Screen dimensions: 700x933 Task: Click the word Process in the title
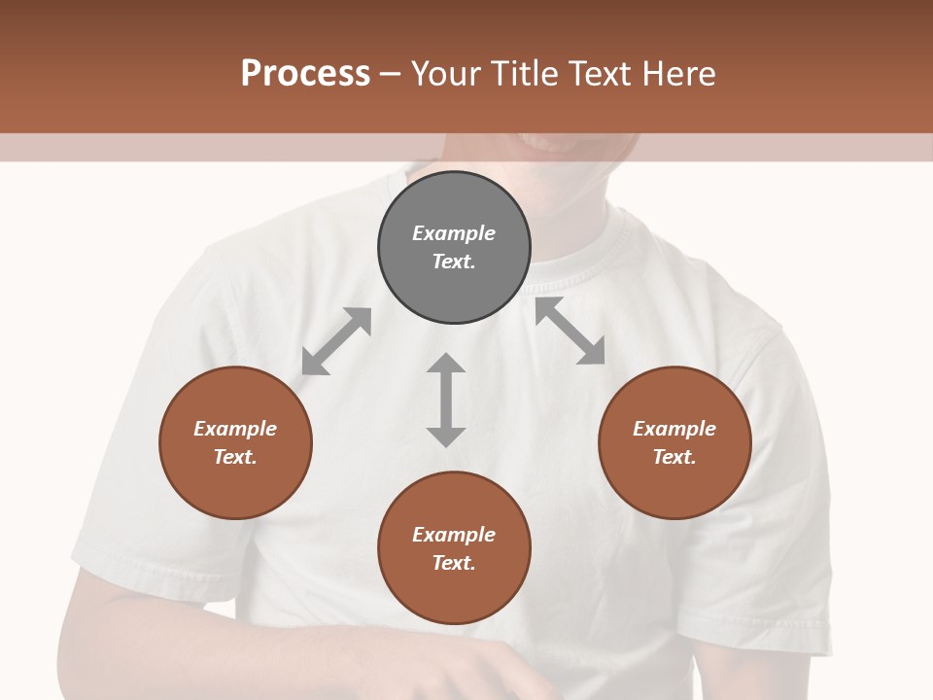click(x=305, y=74)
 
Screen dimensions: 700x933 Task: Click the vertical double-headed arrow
click(x=446, y=400)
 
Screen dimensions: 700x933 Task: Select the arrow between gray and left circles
click(x=336, y=341)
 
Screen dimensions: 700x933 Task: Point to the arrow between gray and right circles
click(x=570, y=332)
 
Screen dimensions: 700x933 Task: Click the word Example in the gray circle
click(x=454, y=233)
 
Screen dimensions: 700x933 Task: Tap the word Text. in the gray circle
click(x=454, y=262)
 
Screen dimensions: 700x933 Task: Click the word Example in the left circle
click(x=235, y=429)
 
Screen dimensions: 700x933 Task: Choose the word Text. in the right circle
click(x=674, y=457)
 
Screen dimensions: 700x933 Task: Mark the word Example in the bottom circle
click(x=454, y=535)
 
